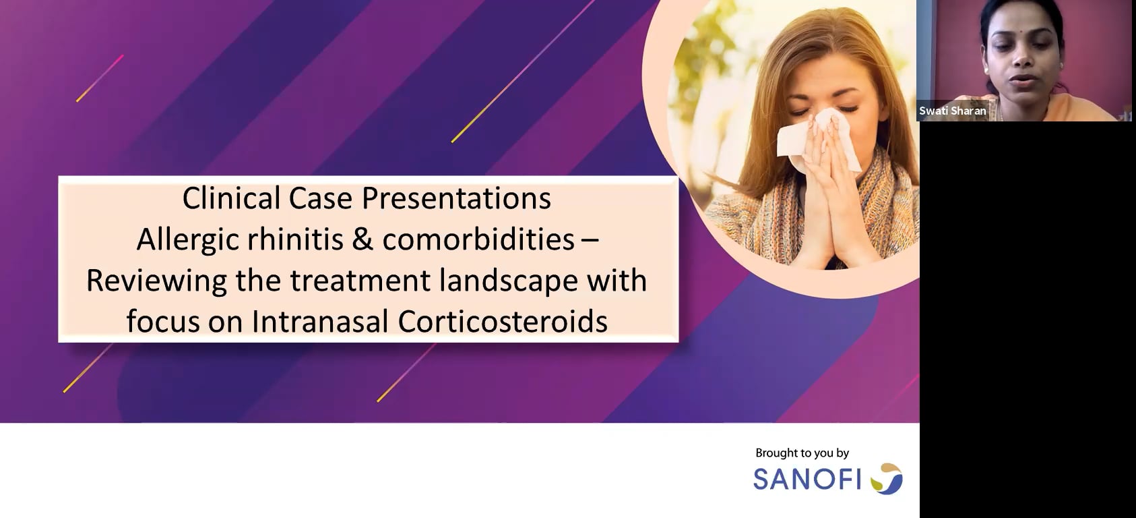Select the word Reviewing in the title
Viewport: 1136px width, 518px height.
point(156,281)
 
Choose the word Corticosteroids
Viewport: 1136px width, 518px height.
point(503,322)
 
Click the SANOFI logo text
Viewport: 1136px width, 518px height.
point(807,479)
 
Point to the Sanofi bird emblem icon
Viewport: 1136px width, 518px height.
point(887,478)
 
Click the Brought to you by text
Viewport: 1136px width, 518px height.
point(802,453)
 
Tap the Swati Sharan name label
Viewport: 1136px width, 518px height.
point(952,111)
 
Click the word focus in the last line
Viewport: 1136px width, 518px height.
point(163,322)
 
